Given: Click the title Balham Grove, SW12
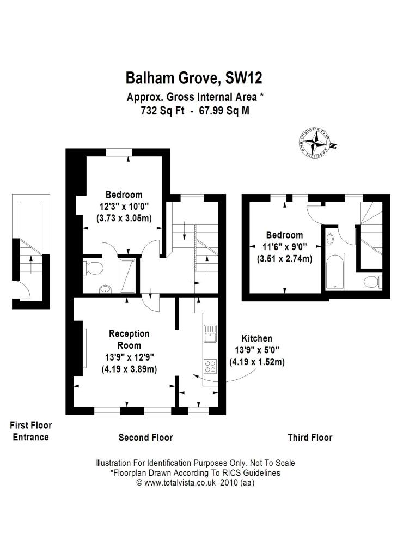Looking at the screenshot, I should click(x=194, y=78).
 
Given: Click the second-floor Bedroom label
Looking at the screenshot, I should click(x=124, y=195).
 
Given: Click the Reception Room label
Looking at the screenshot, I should click(x=129, y=339).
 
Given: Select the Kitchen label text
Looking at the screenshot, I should click(x=258, y=338).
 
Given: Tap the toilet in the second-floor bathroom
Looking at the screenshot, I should click(x=93, y=268).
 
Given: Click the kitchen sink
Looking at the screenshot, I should click(x=210, y=332).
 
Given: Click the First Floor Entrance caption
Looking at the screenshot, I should click(x=31, y=431).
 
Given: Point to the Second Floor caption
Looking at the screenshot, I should click(x=146, y=438).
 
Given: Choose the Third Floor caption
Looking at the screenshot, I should click(x=310, y=438).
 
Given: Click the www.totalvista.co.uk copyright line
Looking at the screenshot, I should click(x=195, y=482).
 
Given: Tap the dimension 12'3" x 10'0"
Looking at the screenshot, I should click(x=124, y=207).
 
